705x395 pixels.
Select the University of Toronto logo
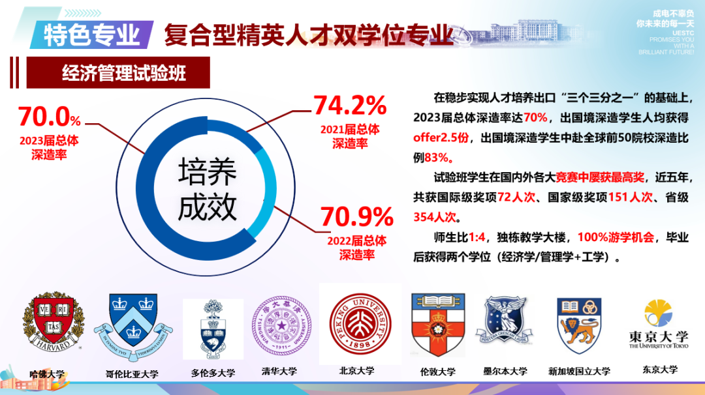click(213, 330)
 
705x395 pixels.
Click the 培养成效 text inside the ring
click(207, 188)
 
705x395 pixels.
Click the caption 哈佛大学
click(47, 374)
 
